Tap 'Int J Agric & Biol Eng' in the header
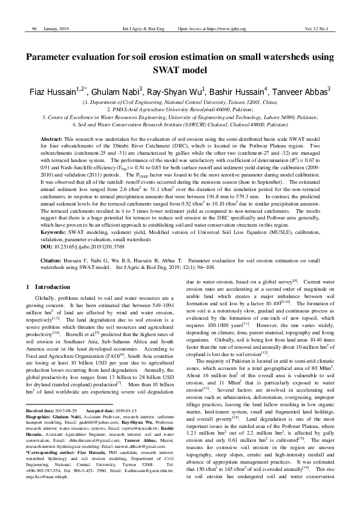[143, 28]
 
